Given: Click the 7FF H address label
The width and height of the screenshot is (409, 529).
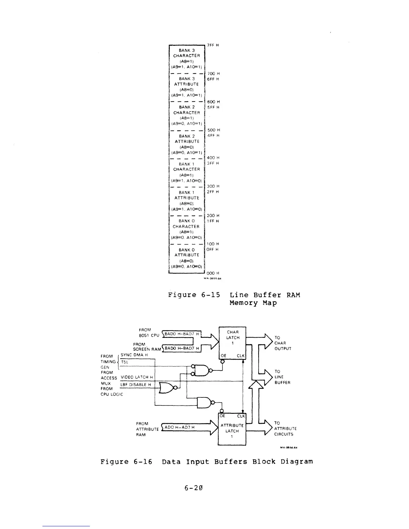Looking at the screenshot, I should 213,45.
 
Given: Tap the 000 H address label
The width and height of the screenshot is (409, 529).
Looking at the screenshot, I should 213,273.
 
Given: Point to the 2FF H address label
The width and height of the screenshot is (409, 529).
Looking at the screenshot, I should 213,192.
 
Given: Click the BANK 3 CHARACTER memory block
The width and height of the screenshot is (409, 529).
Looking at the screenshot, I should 187,58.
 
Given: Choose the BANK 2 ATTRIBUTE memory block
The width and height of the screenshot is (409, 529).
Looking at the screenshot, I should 187,144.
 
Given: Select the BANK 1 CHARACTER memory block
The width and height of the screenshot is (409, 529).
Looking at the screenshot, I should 187,172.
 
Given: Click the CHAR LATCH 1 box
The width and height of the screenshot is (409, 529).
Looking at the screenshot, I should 233,338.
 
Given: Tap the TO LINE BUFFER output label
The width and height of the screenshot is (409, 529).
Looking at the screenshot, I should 282,377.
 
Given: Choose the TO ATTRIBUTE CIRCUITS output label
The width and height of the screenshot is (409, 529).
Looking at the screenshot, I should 285,428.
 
